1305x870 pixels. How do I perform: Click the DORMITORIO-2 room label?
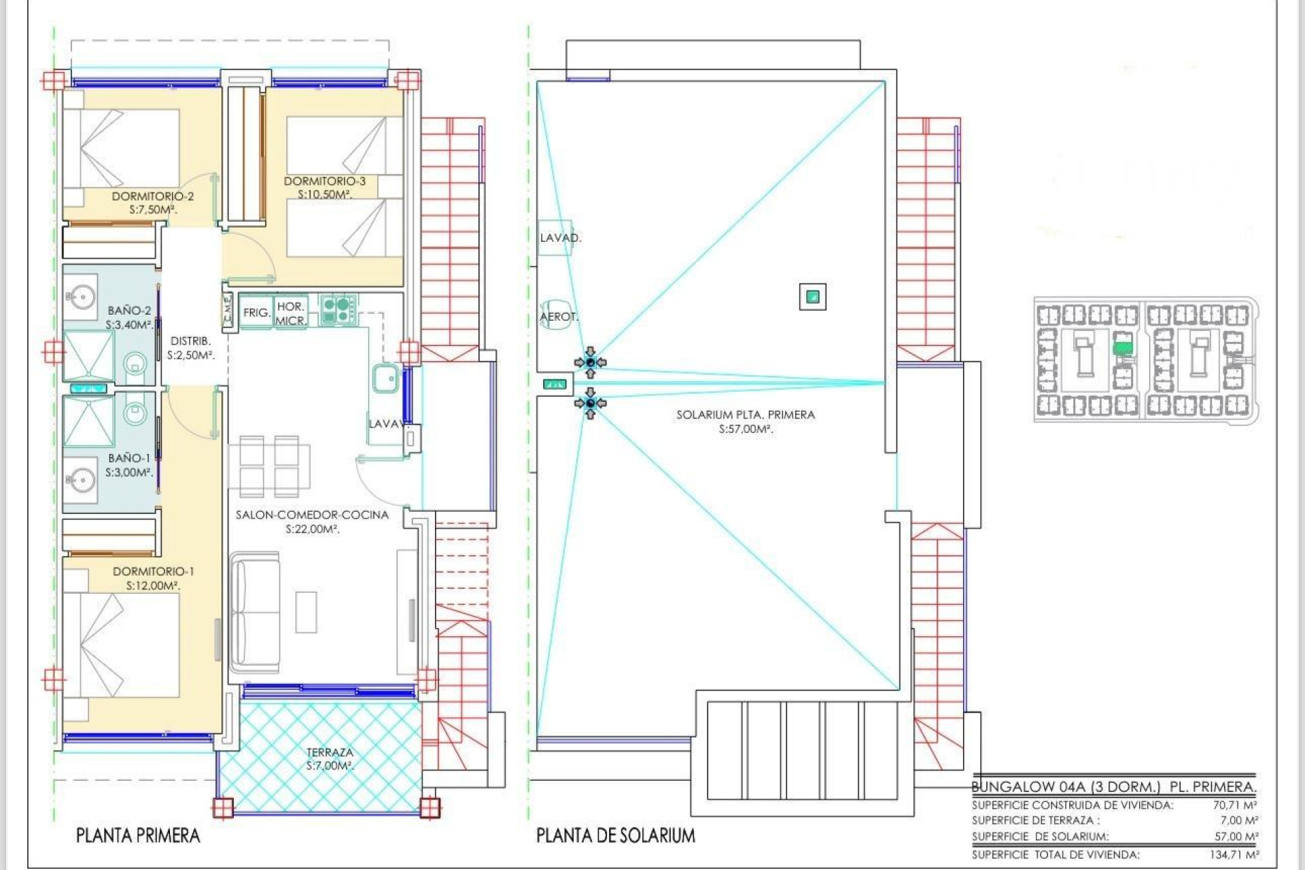click(152, 196)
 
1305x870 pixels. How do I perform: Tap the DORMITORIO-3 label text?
click(324, 181)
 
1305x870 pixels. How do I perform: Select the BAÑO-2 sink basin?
click(81, 297)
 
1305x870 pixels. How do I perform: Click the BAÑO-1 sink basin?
click(81, 481)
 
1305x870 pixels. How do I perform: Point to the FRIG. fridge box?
click(256, 313)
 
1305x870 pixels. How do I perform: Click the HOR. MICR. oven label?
click(291, 313)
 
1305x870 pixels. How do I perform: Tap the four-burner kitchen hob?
click(337, 309)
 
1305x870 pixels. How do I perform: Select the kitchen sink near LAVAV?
click(385, 379)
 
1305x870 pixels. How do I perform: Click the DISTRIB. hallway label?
click(190, 341)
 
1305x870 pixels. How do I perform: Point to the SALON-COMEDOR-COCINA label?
click(312, 515)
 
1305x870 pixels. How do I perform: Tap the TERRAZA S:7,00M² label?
click(330, 759)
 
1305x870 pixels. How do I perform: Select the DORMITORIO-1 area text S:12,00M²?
click(153, 586)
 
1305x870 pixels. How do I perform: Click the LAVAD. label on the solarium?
click(560, 238)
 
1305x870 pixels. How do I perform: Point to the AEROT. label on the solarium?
click(559, 317)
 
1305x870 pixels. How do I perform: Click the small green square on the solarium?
click(812, 297)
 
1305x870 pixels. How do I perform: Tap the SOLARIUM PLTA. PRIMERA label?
click(745, 415)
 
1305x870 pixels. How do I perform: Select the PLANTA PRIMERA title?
click(138, 835)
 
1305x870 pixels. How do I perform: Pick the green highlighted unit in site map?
click(1123, 348)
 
